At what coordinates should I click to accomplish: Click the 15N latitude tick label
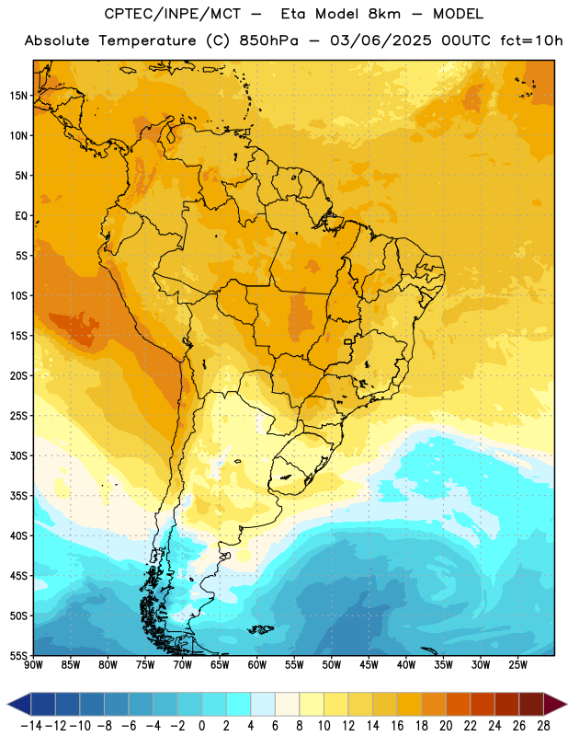tap(18, 96)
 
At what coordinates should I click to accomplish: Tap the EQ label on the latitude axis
tap(21, 216)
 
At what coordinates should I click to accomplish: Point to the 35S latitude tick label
tap(18, 496)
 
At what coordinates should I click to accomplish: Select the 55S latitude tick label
tap(18, 656)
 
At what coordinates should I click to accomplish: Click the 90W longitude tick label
tap(33, 665)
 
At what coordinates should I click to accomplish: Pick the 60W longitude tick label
tap(257, 665)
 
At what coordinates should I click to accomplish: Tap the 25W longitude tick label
tap(517, 665)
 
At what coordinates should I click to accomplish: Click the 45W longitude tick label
tap(369, 665)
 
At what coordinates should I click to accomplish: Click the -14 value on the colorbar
tap(31, 726)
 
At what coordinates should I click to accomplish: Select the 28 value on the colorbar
tap(544, 726)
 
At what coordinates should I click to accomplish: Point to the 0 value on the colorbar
tap(201, 726)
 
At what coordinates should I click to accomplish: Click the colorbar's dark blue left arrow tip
tap(8, 705)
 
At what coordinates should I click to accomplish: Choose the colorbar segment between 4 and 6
tap(263, 705)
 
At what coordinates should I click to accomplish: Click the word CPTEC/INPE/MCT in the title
tap(173, 14)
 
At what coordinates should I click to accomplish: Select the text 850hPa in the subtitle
tap(268, 40)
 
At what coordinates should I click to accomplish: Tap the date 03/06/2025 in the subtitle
tap(381, 40)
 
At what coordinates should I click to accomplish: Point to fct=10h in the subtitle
tap(531, 40)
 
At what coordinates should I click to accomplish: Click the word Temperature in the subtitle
tap(147, 40)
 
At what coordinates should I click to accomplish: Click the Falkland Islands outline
tap(261, 629)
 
